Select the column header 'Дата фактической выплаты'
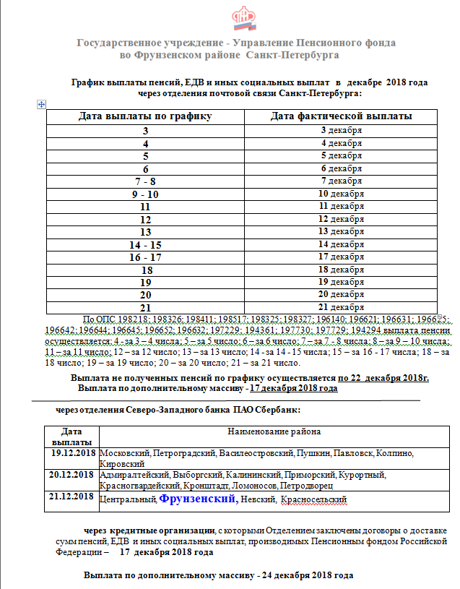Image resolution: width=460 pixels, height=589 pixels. (342, 116)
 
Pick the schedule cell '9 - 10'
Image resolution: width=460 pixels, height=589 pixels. (145, 194)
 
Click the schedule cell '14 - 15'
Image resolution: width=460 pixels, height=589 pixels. (145, 244)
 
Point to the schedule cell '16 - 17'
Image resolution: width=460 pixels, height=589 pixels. (145, 257)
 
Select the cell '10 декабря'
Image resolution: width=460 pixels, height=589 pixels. (342, 194)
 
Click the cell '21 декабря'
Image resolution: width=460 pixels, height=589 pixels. (342, 307)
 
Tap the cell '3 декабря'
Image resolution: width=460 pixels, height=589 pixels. (342, 130)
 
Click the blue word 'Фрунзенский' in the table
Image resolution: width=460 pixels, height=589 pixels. (197, 498)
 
